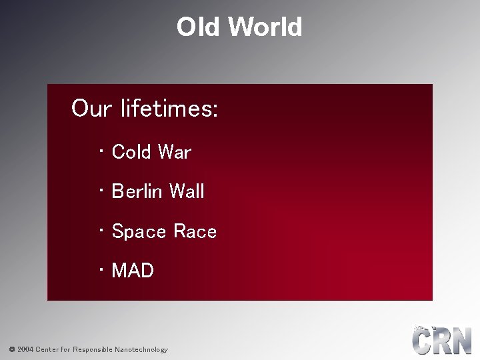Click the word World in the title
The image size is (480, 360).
tap(265, 27)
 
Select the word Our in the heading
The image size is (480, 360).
tap(91, 108)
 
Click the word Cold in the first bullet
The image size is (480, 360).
tap(131, 152)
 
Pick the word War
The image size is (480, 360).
tap(174, 152)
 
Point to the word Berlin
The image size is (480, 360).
tap(137, 192)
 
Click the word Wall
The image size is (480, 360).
tap(187, 192)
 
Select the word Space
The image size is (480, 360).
tap(139, 232)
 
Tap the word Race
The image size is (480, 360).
tap(195, 232)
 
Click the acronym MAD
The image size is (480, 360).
tap(133, 271)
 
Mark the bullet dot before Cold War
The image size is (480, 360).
tap(100, 152)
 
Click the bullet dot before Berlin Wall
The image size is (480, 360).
tap(100, 191)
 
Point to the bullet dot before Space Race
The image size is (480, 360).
tap(100, 231)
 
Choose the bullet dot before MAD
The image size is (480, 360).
tap(100, 271)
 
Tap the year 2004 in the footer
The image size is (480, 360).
tap(25, 349)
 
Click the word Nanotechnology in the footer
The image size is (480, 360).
tap(141, 349)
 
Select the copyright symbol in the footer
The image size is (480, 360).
tap(11, 349)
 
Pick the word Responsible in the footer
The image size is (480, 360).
tap(93, 349)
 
